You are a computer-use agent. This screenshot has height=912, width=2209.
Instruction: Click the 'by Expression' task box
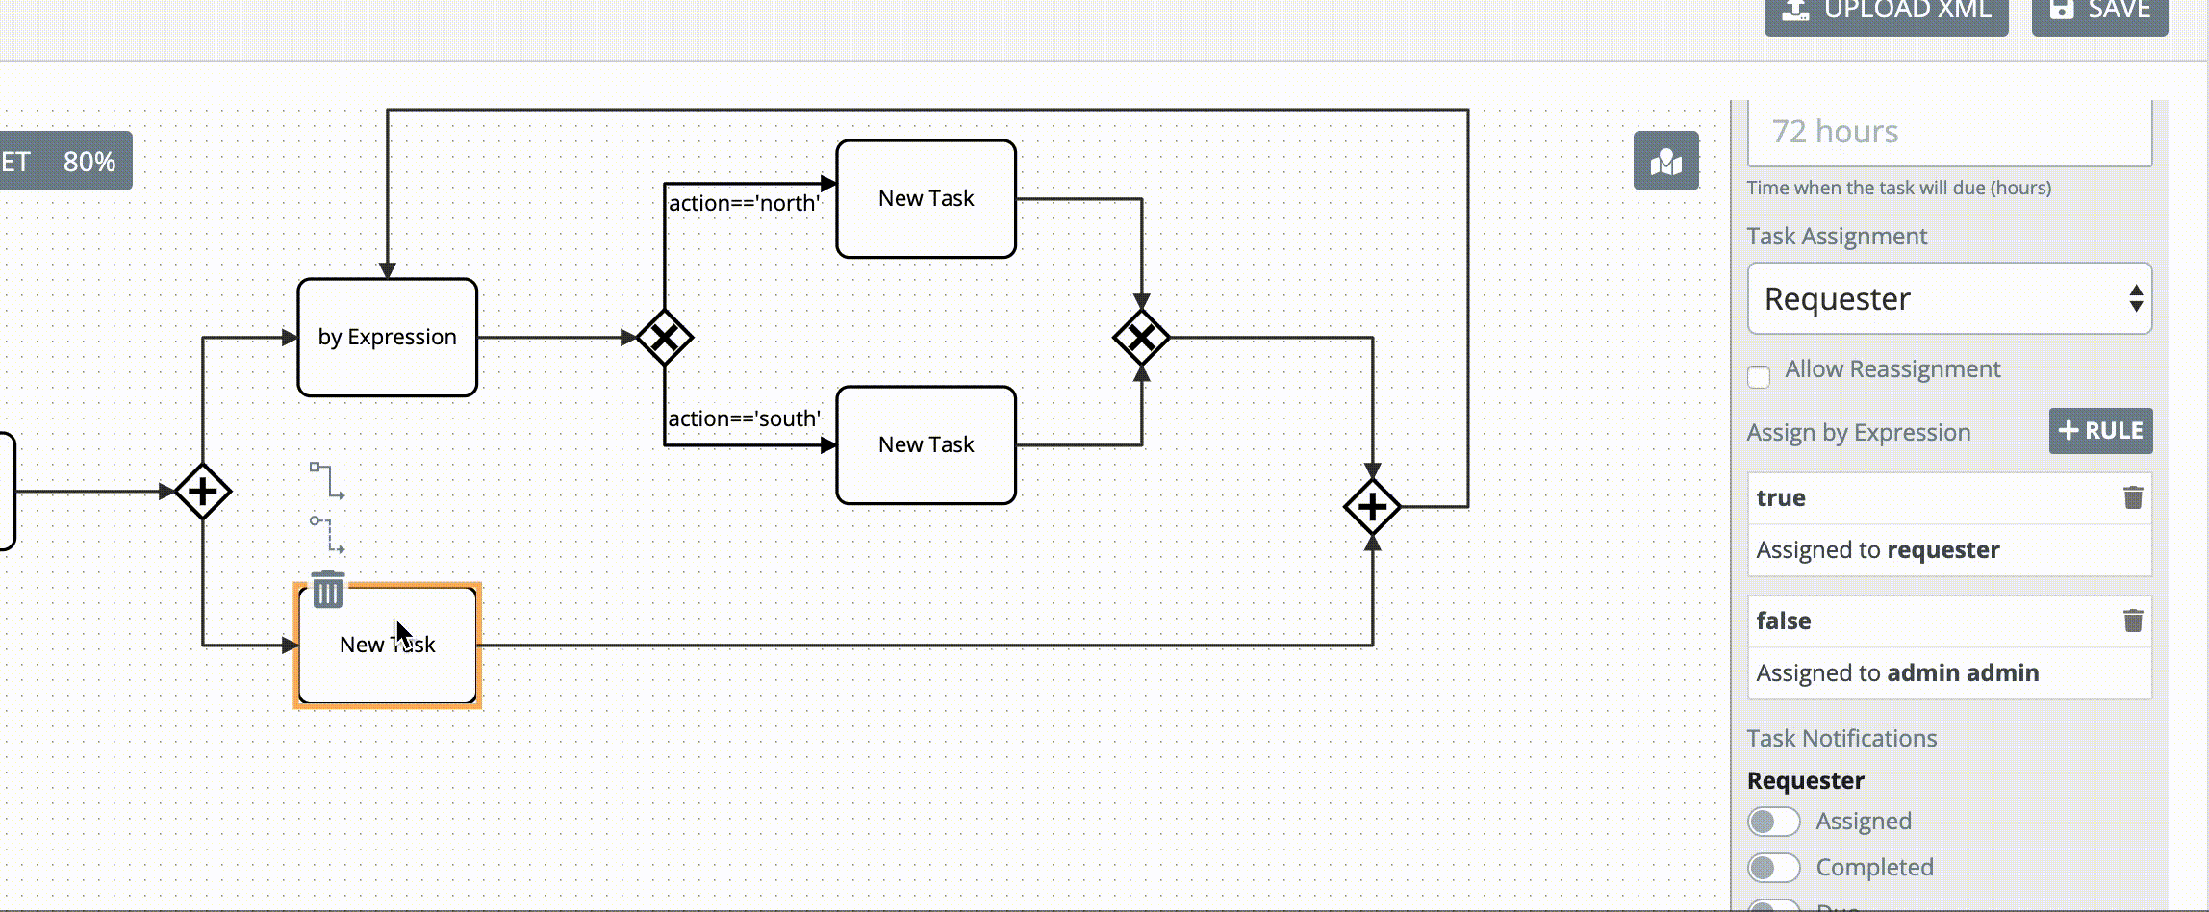(x=387, y=338)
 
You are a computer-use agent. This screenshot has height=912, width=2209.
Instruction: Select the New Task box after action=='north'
(x=926, y=199)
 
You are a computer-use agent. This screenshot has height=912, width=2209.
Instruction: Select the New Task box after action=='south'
(x=926, y=445)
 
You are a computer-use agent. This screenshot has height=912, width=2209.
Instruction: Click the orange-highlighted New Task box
(x=387, y=664)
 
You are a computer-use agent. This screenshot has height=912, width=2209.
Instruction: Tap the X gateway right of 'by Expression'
(x=664, y=338)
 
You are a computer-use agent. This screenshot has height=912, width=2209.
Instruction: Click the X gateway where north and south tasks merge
(x=1141, y=338)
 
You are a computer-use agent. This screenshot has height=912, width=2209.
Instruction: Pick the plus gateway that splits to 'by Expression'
(x=203, y=492)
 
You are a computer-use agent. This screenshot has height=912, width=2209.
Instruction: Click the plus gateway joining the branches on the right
(x=1372, y=507)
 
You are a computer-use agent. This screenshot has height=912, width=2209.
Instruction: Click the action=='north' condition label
(x=744, y=203)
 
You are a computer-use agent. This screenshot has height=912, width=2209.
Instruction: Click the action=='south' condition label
(x=744, y=418)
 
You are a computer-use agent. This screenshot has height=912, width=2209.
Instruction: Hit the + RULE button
(x=2100, y=431)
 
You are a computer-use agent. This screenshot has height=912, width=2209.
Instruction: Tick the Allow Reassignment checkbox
(x=1759, y=376)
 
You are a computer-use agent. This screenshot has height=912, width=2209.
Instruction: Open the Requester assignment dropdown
(x=1949, y=299)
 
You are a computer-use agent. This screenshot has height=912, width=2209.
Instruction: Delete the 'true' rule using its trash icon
(x=2133, y=497)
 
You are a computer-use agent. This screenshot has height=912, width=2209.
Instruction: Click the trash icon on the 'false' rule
(x=2133, y=621)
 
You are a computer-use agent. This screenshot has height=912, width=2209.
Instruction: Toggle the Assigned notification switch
(x=1773, y=822)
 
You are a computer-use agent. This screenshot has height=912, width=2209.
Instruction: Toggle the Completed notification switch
(x=1773, y=868)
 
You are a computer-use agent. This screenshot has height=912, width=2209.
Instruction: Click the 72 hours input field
(x=1949, y=132)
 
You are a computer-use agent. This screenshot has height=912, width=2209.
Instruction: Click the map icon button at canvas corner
(x=1666, y=162)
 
